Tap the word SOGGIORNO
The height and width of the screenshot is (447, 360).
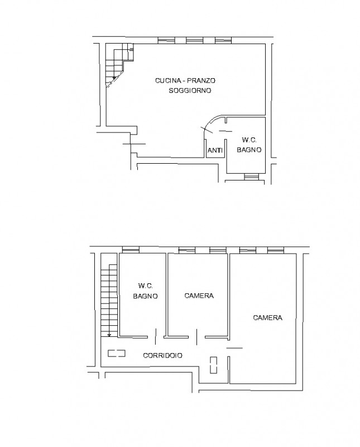pyautogui.click(x=190, y=91)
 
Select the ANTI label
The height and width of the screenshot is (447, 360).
pyautogui.click(x=215, y=150)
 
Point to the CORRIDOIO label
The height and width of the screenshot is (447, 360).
pyautogui.click(x=162, y=355)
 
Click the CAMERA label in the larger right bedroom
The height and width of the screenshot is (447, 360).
pyautogui.click(x=267, y=317)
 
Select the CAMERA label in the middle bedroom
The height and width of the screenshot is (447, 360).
pyautogui.click(x=199, y=296)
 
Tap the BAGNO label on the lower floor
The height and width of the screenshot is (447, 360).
pyautogui.click(x=145, y=296)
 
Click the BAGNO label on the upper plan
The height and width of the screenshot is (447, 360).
pyautogui.click(x=249, y=150)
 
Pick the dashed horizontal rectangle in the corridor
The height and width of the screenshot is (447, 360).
pyautogui.click(x=117, y=353)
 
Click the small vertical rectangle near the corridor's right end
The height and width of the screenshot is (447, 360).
pyautogui.click(x=213, y=365)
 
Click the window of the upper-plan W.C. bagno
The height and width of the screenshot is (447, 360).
pyautogui.click(x=252, y=177)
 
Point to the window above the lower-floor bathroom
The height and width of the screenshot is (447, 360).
pyautogui.click(x=131, y=250)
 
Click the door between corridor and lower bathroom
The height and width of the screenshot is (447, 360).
pyautogui.click(x=156, y=336)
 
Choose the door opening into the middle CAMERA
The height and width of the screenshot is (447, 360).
pyautogui.click(x=197, y=337)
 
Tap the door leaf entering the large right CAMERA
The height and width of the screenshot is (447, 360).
pyautogui.click(x=234, y=348)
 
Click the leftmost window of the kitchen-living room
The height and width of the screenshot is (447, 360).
pyautogui.click(x=166, y=40)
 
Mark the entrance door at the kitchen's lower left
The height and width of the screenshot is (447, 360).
pyautogui.click(x=134, y=144)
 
